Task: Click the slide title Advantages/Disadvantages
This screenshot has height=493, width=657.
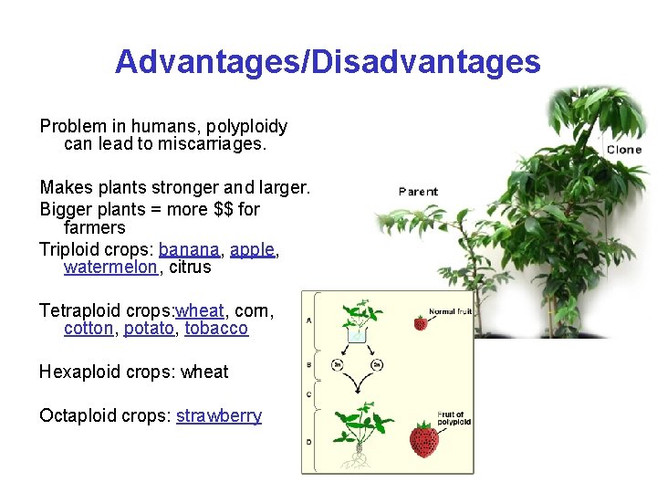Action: click(328, 62)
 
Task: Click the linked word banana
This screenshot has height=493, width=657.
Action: click(189, 248)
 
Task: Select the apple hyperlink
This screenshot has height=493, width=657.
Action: click(253, 248)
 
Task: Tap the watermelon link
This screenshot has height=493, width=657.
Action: click(109, 267)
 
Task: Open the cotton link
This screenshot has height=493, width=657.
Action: click(89, 328)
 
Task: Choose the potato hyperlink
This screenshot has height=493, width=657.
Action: click(149, 328)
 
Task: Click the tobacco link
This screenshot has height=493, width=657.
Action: click(216, 328)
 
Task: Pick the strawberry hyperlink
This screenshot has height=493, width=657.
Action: click(219, 415)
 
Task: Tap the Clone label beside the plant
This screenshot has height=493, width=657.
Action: click(624, 150)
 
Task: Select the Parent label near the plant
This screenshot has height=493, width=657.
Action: click(418, 192)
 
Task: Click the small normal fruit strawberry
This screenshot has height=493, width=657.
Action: click(421, 323)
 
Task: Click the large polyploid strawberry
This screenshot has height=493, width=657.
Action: click(423, 441)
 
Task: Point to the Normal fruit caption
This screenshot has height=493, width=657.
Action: click(449, 311)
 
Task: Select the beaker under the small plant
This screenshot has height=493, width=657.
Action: click(357, 333)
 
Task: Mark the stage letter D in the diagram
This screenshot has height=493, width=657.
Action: click(308, 441)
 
